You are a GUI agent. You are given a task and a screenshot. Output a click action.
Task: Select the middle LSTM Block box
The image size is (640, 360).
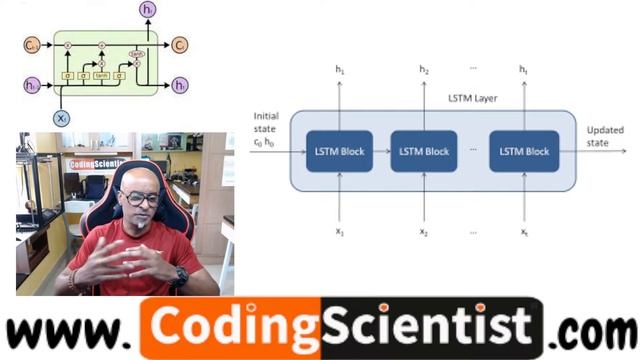tap(424, 151)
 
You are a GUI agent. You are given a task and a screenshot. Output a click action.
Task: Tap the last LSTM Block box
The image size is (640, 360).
tap(523, 151)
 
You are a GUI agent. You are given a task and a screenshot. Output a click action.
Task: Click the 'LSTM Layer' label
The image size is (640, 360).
tap(472, 98)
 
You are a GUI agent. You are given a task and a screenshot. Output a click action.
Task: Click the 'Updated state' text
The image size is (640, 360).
tap(603, 137)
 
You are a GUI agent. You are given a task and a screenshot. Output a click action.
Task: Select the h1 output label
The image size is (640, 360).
tap(339, 70)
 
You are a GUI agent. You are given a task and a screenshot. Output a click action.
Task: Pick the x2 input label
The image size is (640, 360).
tap(424, 232)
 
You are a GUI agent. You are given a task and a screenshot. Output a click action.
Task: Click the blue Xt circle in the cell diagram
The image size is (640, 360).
tap(63, 118)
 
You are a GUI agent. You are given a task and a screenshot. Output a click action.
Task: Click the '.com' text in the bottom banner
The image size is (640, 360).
tap(596, 330)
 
